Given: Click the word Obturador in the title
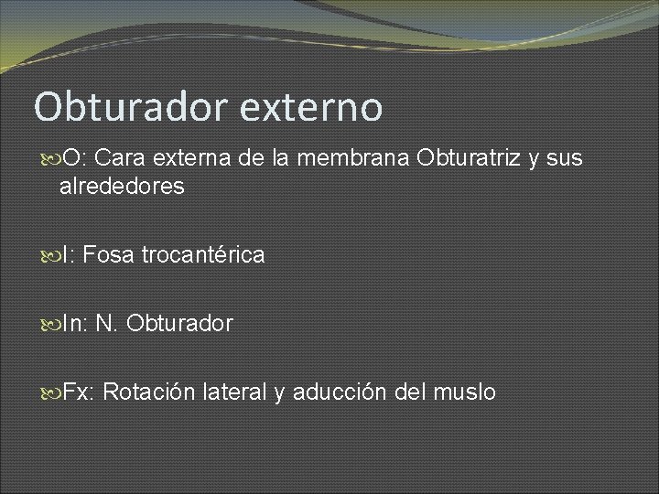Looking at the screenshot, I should click(131, 106).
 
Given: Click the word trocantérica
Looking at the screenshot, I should click(203, 255).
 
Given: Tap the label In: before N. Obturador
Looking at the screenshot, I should click(75, 324).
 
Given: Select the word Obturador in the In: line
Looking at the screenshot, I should click(180, 324).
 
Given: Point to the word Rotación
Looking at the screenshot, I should click(148, 392).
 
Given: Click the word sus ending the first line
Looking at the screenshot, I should click(565, 158).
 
